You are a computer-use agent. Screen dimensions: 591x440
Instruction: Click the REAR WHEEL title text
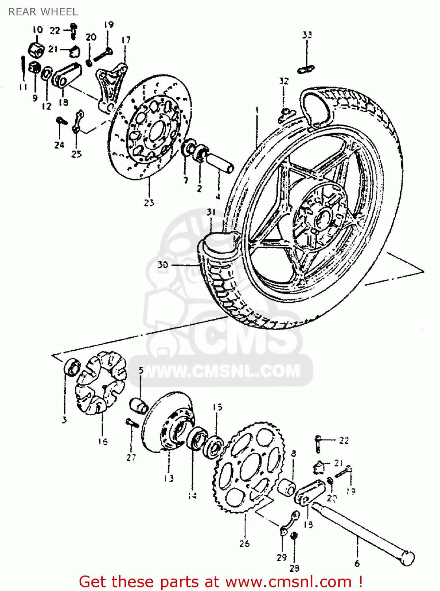click(43, 12)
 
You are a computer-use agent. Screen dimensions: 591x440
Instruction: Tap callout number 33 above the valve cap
click(307, 35)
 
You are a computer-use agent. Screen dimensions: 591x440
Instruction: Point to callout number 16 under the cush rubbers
click(103, 442)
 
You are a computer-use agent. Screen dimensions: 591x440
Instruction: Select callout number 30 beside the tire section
click(163, 265)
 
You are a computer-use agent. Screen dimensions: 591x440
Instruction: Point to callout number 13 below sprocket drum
click(169, 478)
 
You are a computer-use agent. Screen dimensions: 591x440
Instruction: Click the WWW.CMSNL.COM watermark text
click(221, 371)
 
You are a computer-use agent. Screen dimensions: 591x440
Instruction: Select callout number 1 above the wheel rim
click(256, 110)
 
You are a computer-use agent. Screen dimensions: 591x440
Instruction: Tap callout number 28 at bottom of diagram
click(294, 568)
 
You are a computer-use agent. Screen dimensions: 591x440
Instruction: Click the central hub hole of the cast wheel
click(324, 219)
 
